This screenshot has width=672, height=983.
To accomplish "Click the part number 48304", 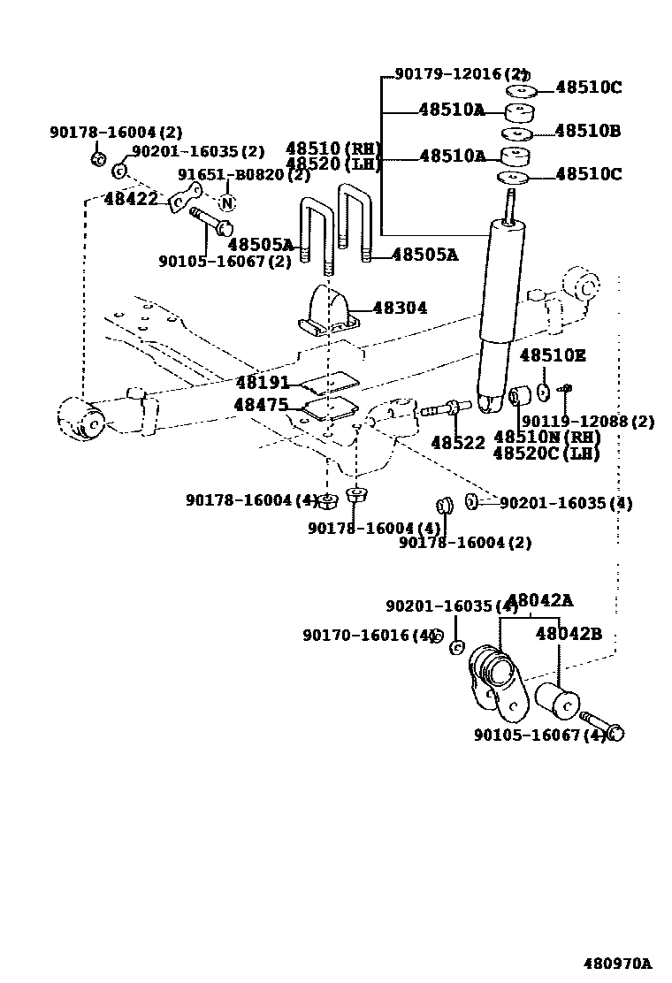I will point(400,309).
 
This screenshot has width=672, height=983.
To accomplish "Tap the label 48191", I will point(263,384).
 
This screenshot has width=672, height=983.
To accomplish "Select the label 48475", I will point(261,405).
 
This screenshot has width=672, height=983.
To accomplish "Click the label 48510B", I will point(588,132).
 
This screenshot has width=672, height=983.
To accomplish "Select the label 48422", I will point(131,200).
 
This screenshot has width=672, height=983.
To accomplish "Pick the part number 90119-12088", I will point(588,422).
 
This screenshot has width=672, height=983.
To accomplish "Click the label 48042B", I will point(569,634).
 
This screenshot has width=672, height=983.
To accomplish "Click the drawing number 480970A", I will point(616,963).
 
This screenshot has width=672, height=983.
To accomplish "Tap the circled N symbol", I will point(227,202).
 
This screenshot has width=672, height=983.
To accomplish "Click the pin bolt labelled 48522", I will point(441,410).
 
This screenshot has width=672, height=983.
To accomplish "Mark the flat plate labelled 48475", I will point(331,407).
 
